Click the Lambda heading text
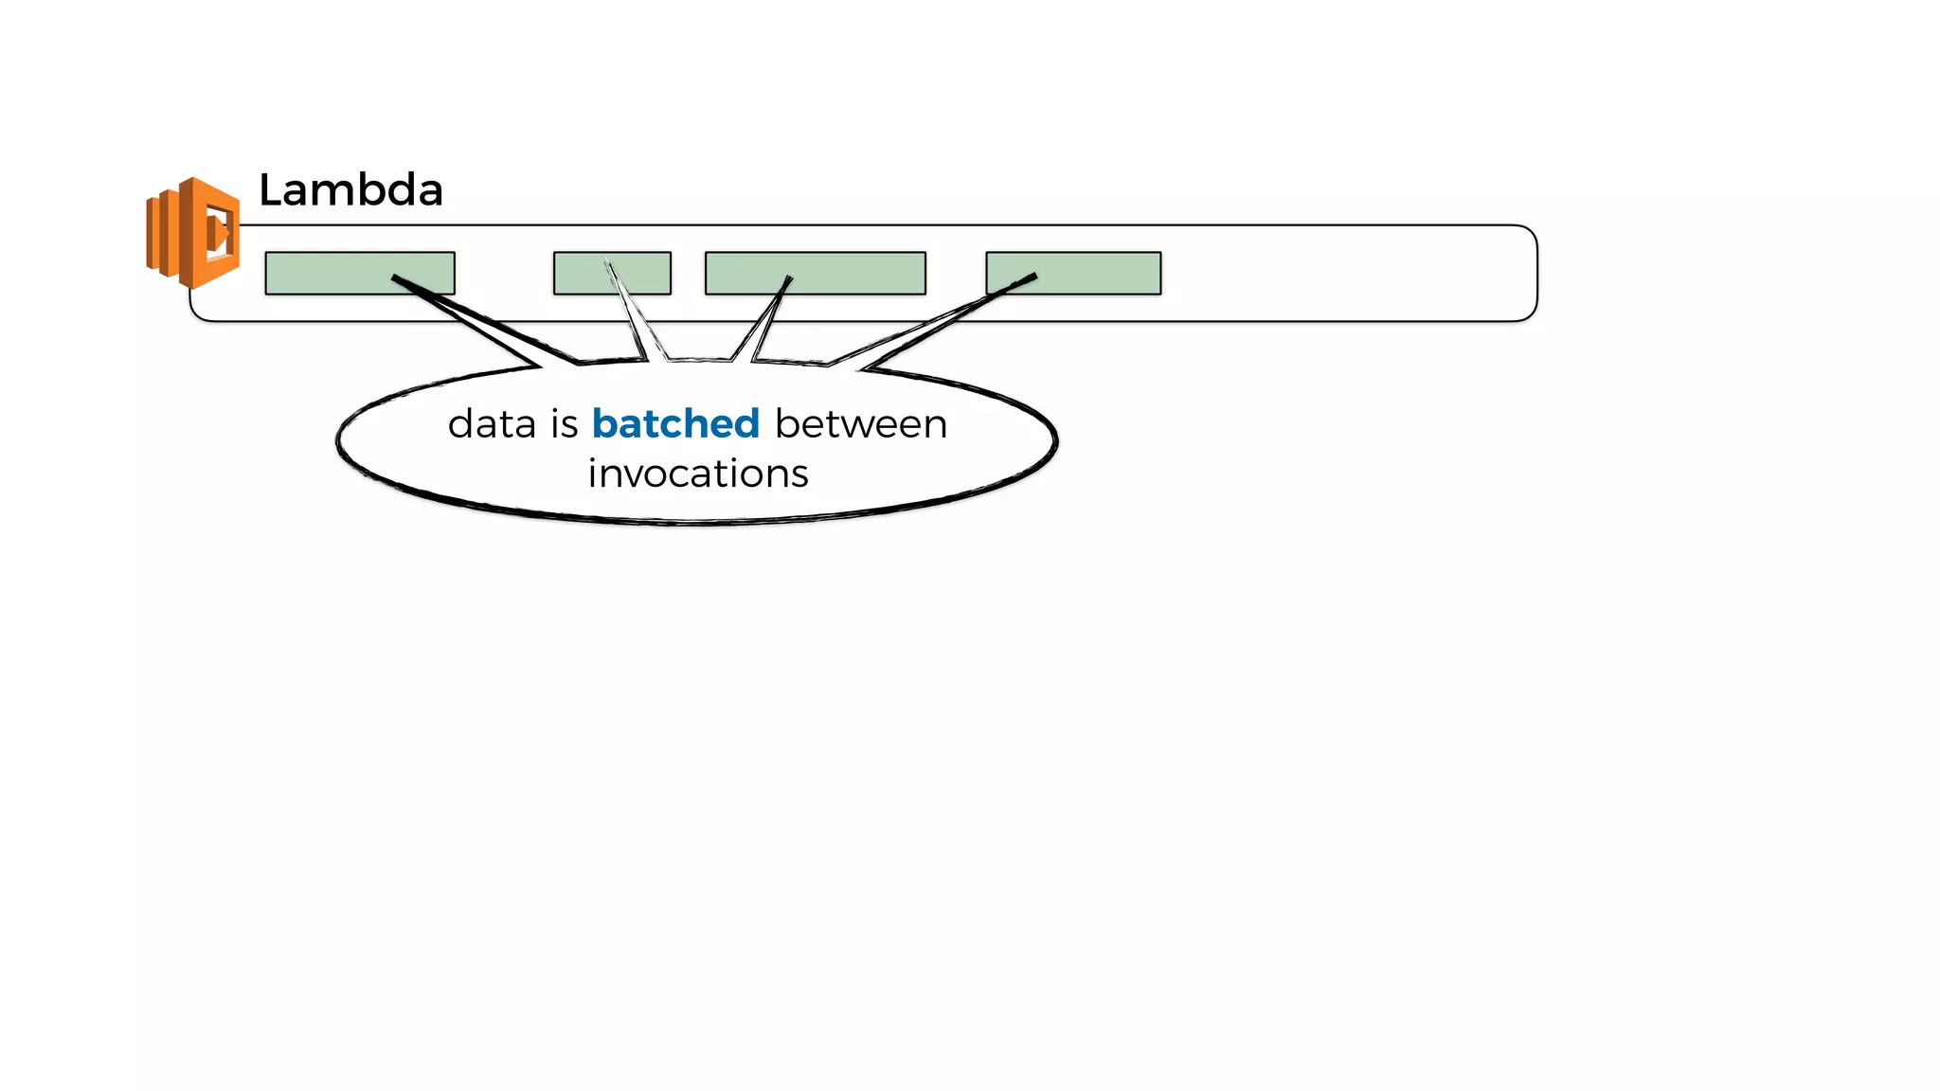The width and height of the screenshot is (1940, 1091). (350, 190)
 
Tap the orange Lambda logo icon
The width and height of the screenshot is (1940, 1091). (193, 232)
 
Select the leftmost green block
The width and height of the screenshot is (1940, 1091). (359, 273)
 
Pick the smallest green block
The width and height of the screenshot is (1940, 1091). (612, 273)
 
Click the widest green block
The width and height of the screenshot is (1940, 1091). (815, 273)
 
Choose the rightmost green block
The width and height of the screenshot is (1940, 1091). (1072, 273)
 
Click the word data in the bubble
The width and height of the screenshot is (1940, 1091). (492, 424)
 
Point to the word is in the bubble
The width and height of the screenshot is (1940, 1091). (564, 424)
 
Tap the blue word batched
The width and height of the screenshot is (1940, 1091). (675, 424)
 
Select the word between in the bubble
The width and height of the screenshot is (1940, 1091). (860, 424)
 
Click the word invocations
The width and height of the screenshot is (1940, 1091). (697, 474)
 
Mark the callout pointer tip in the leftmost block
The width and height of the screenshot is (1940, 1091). (395, 277)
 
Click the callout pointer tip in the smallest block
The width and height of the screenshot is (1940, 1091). (607, 261)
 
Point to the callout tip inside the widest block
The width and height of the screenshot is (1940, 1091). (788, 278)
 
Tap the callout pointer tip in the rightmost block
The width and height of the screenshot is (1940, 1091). (1033, 277)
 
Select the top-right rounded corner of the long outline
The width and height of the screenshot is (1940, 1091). (1527, 234)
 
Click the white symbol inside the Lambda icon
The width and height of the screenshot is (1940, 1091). (218, 232)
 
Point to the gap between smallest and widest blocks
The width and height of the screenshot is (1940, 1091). (689, 273)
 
